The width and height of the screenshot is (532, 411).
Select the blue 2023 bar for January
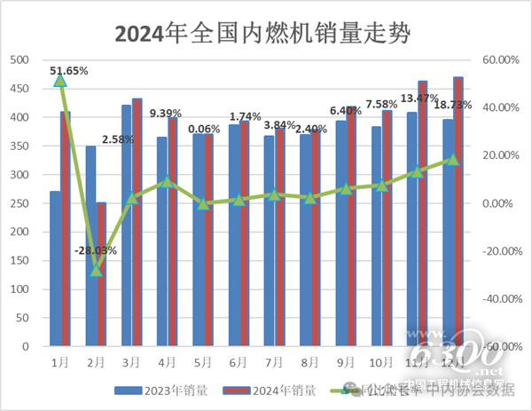(55, 268)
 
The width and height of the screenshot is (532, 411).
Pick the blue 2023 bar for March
(127, 225)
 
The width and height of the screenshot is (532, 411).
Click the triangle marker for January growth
(60, 80)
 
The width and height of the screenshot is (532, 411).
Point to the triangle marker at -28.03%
(97, 270)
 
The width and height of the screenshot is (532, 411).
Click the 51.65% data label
(69, 69)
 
